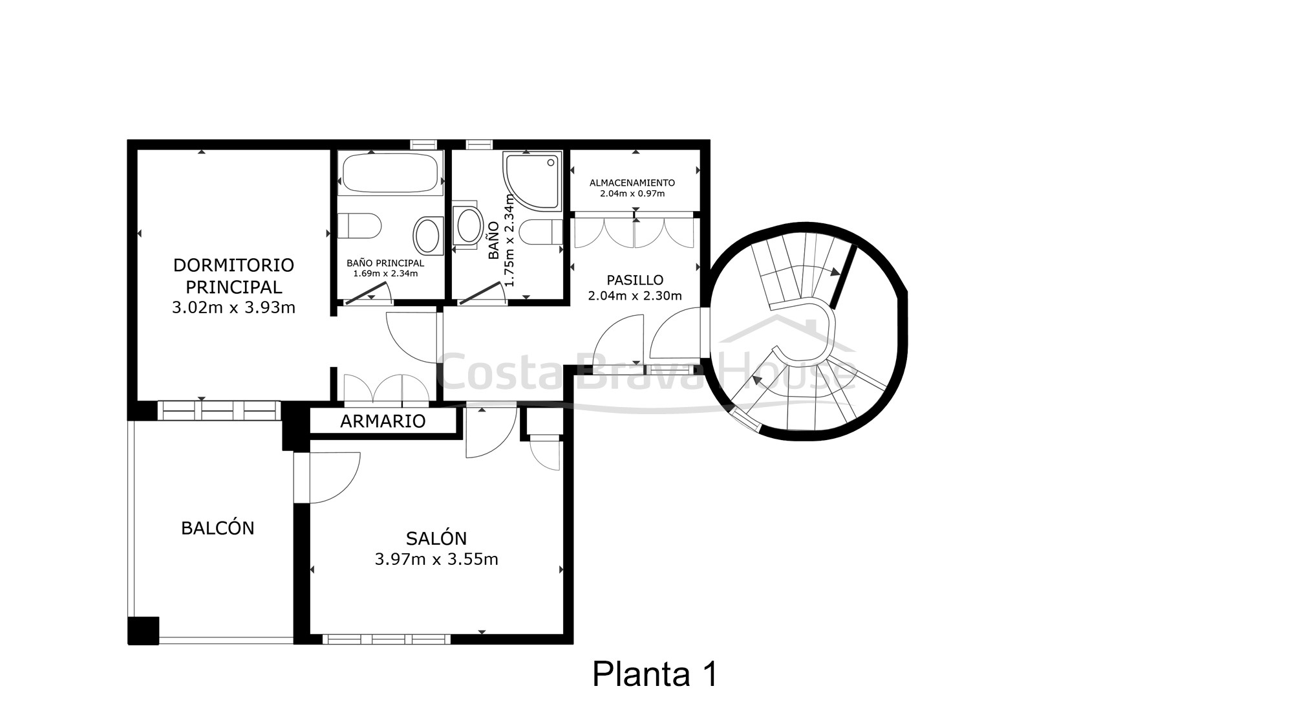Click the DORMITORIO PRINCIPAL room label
(x=233, y=276)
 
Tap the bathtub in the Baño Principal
(x=390, y=173)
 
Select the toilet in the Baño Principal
(x=359, y=226)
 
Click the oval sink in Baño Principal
(x=427, y=236)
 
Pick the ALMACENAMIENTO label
(x=632, y=183)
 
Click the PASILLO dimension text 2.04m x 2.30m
(x=635, y=296)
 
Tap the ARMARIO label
(x=383, y=421)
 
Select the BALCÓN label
(x=218, y=528)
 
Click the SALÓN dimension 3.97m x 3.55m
(x=436, y=559)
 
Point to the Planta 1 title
(x=655, y=674)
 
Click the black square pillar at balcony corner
(x=143, y=630)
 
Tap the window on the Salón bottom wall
(x=386, y=639)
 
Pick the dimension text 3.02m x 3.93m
(x=233, y=307)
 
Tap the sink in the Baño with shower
(x=469, y=225)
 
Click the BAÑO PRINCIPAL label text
(x=385, y=263)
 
